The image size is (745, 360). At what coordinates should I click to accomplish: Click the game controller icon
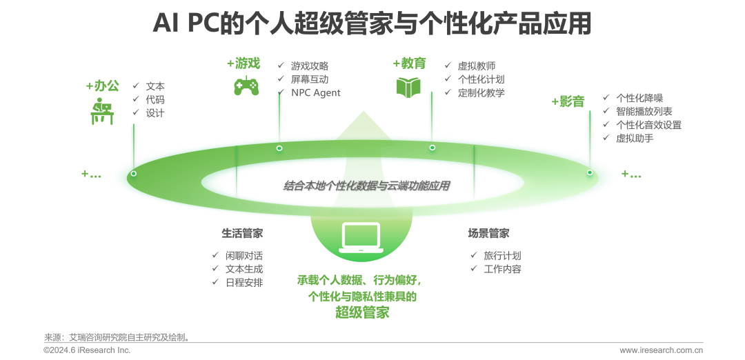point(246,86)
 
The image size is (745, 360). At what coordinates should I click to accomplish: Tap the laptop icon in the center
point(361,237)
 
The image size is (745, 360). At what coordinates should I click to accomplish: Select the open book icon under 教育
point(408,86)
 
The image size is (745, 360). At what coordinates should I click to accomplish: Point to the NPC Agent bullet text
point(315,92)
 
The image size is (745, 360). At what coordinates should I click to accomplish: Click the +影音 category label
point(568,101)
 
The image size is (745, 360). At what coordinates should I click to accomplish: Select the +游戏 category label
point(244,63)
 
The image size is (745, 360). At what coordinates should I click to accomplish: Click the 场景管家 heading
point(488,233)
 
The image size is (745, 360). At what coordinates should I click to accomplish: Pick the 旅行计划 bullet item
point(502,255)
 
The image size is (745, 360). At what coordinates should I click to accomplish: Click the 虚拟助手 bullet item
point(635,138)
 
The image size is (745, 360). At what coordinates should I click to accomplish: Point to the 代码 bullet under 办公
point(155,99)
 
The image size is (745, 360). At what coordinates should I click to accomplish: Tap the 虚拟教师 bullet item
point(476,66)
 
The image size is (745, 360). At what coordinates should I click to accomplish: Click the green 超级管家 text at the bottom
point(362,313)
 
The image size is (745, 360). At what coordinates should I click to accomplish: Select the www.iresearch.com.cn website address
point(661,350)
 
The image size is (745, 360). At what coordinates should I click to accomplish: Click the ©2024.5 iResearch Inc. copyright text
point(86,350)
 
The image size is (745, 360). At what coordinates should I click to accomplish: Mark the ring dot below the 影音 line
point(590,172)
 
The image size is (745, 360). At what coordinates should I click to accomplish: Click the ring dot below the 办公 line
point(133,173)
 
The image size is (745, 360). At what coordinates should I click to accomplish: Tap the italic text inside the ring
point(366,185)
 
